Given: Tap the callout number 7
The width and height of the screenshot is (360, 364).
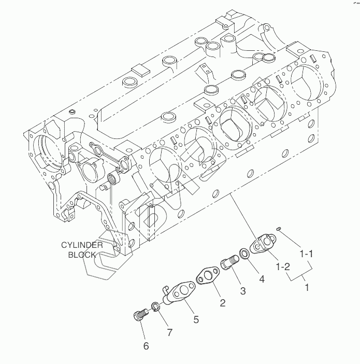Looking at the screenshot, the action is pos(170,332).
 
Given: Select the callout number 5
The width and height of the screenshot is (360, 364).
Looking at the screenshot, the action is pos(196,319).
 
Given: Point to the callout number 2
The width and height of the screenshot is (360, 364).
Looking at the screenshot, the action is pos(222,303).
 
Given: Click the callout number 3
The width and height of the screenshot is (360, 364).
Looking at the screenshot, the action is pos(242,291).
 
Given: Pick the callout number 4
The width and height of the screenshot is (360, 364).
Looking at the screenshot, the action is pos(262,279).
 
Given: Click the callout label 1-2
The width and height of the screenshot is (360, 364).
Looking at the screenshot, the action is pos(283,267).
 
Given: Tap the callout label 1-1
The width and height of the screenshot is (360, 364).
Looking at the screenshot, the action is pos(307,254).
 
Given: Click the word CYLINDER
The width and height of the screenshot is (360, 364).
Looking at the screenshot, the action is pos(82,245).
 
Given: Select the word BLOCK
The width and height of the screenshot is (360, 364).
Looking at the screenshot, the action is pos(82,255).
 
